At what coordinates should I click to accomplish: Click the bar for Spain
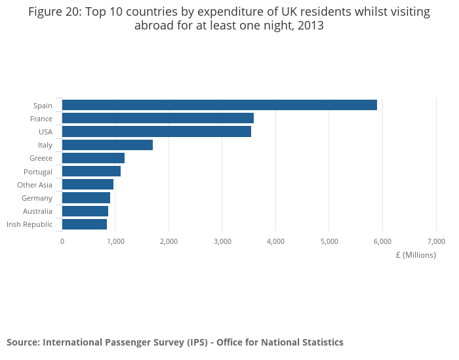220,105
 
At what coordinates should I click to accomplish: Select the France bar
158,118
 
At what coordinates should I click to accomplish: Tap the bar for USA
157,131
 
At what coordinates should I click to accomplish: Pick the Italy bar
108,145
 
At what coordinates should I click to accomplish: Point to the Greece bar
93,158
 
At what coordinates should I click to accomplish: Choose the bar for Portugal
91,171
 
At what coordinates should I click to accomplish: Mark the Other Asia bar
88,184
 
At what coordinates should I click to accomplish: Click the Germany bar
86,197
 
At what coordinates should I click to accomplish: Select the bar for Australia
85,211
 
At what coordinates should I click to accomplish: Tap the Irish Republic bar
85,224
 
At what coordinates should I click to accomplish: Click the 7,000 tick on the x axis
436,241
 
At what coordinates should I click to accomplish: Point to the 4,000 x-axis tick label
275,241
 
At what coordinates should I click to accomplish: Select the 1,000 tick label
115,241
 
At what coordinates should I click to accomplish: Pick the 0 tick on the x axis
62,241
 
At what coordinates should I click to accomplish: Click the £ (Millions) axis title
416,255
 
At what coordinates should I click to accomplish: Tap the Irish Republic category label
30,224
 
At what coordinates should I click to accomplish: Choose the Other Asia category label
35,185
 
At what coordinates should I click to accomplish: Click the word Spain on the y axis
43,106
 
